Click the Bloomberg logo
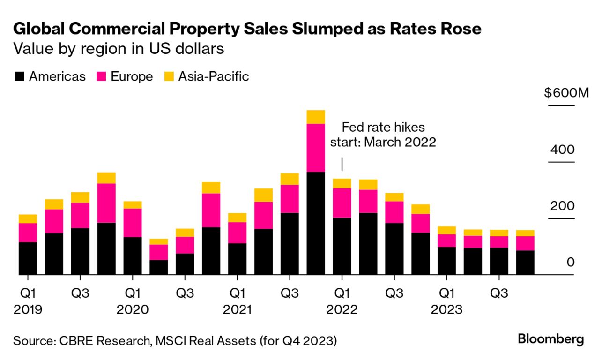pos(550,339)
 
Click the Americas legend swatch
pos(19,76)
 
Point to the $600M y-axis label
pos(565,93)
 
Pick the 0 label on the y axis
pos(570,262)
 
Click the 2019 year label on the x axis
pos(28,310)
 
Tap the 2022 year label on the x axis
pos(342,310)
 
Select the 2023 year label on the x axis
pos(446,310)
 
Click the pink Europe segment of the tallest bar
pos(315,148)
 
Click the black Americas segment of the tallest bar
pos(315,223)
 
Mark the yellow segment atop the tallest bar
pos(315,117)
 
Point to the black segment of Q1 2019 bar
pos(28,258)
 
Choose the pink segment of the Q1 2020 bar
pos(133,223)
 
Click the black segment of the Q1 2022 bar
pos(342,246)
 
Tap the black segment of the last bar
pos(525,262)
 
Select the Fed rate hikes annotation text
pos(383,135)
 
